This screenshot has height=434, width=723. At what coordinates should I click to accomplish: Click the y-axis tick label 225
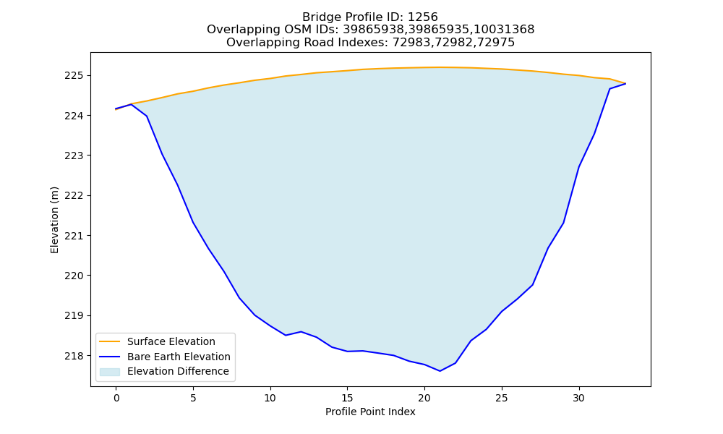(74, 76)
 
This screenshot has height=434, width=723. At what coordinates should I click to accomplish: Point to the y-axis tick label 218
(74, 356)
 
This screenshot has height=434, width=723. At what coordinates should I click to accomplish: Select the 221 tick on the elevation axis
(74, 236)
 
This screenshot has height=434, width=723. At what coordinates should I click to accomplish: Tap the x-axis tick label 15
(347, 398)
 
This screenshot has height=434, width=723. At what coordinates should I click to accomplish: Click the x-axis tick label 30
(578, 398)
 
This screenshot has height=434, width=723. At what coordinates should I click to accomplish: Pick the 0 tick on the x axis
(116, 398)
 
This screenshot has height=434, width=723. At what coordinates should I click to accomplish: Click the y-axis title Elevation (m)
(54, 220)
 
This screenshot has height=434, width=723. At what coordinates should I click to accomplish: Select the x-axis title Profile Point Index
(370, 412)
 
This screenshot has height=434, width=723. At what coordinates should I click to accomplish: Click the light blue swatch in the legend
(110, 372)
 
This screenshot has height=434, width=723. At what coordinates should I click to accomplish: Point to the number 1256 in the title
(422, 17)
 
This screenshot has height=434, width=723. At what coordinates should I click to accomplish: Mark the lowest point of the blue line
(440, 371)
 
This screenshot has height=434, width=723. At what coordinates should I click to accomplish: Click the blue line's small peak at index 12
(301, 331)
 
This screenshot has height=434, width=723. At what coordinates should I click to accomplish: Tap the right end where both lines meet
(625, 83)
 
